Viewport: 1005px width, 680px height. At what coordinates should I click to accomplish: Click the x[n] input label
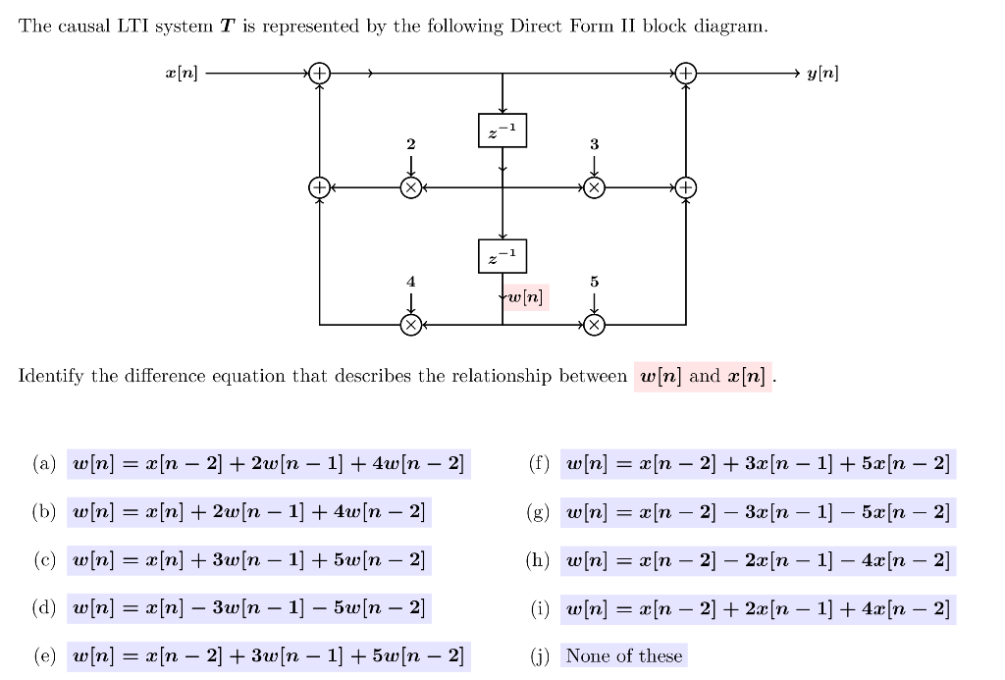[182, 74]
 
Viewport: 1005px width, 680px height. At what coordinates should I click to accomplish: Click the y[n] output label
[822, 74]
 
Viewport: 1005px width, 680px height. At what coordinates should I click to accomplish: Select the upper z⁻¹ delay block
[502, 131]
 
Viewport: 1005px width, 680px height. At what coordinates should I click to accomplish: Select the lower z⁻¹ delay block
[502, 256]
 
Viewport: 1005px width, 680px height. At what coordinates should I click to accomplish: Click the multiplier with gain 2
[411, 186]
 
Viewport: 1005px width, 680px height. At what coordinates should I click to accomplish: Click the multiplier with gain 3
[594, 186]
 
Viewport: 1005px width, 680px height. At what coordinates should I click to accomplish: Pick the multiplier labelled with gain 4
[411, 324]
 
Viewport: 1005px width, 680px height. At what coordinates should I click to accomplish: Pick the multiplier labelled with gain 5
[594, 324]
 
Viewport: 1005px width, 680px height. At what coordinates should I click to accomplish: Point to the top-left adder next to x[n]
[319, 74]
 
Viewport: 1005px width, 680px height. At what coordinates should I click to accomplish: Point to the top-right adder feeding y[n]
[686, 74]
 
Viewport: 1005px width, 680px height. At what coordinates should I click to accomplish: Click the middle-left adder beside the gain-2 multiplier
[319, 186]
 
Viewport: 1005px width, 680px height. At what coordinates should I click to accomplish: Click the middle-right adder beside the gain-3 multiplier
[686, 186]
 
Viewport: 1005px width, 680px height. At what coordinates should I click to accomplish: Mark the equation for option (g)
[759, 512]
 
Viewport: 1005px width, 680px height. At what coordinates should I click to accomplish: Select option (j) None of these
[624, 655]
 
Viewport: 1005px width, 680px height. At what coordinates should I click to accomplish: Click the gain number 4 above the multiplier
[411, 282]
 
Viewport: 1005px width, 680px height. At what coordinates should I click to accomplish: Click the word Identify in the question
[53, 377]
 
